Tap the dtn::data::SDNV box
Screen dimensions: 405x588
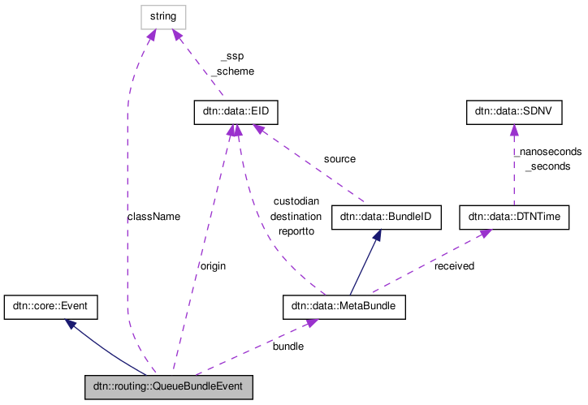click(x=513, y=113)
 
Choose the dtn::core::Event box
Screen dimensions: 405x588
click(x=51, y=307)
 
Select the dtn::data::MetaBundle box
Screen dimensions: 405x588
click(x=344, y=307)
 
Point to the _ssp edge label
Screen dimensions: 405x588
click(x=231, y=56)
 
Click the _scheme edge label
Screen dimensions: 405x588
click(x=232, y=71)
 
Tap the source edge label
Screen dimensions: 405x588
click(x=339, y=159)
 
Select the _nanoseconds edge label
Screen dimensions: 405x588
click(x=547, y=151)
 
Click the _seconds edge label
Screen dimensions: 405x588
click(x=547, y=166)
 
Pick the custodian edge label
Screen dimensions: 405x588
click(x=296, y=200)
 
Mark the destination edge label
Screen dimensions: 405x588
click(x=296, y=216)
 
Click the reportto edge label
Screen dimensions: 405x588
click(x=296, y=231)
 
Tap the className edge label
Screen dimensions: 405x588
click(x=153, y=217)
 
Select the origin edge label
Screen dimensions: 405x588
click(x=213, y=265)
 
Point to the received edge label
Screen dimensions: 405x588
click(x=454, y=265)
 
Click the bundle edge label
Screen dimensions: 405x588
click(x=288, y=346)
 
